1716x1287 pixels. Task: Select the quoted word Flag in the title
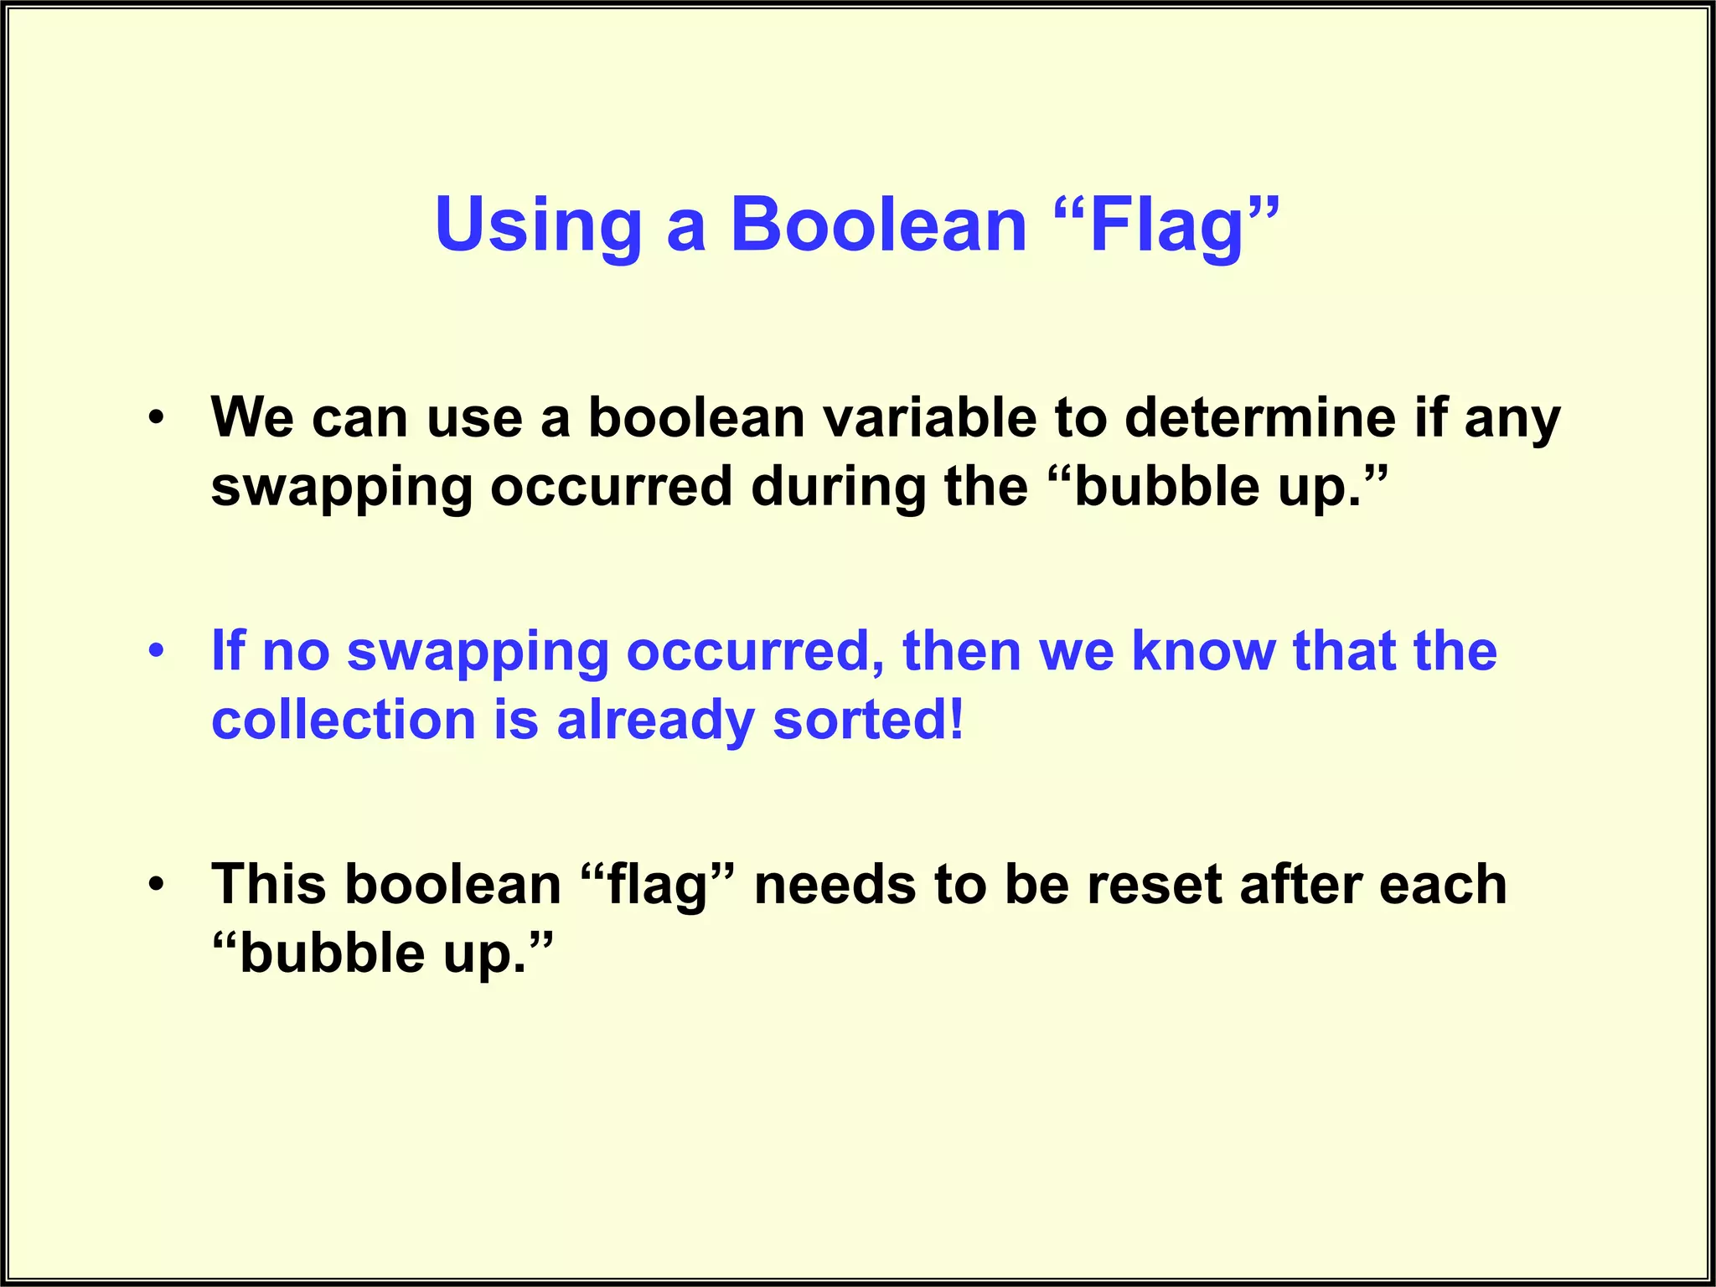coord(1166,226)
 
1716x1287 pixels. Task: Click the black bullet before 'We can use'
coord(157,418)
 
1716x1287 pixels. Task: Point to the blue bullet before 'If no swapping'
coord(157,651)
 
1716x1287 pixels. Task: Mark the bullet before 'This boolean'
coord(157,884)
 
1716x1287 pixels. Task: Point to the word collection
coord(344,721)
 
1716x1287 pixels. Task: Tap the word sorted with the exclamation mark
coord(867,721)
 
